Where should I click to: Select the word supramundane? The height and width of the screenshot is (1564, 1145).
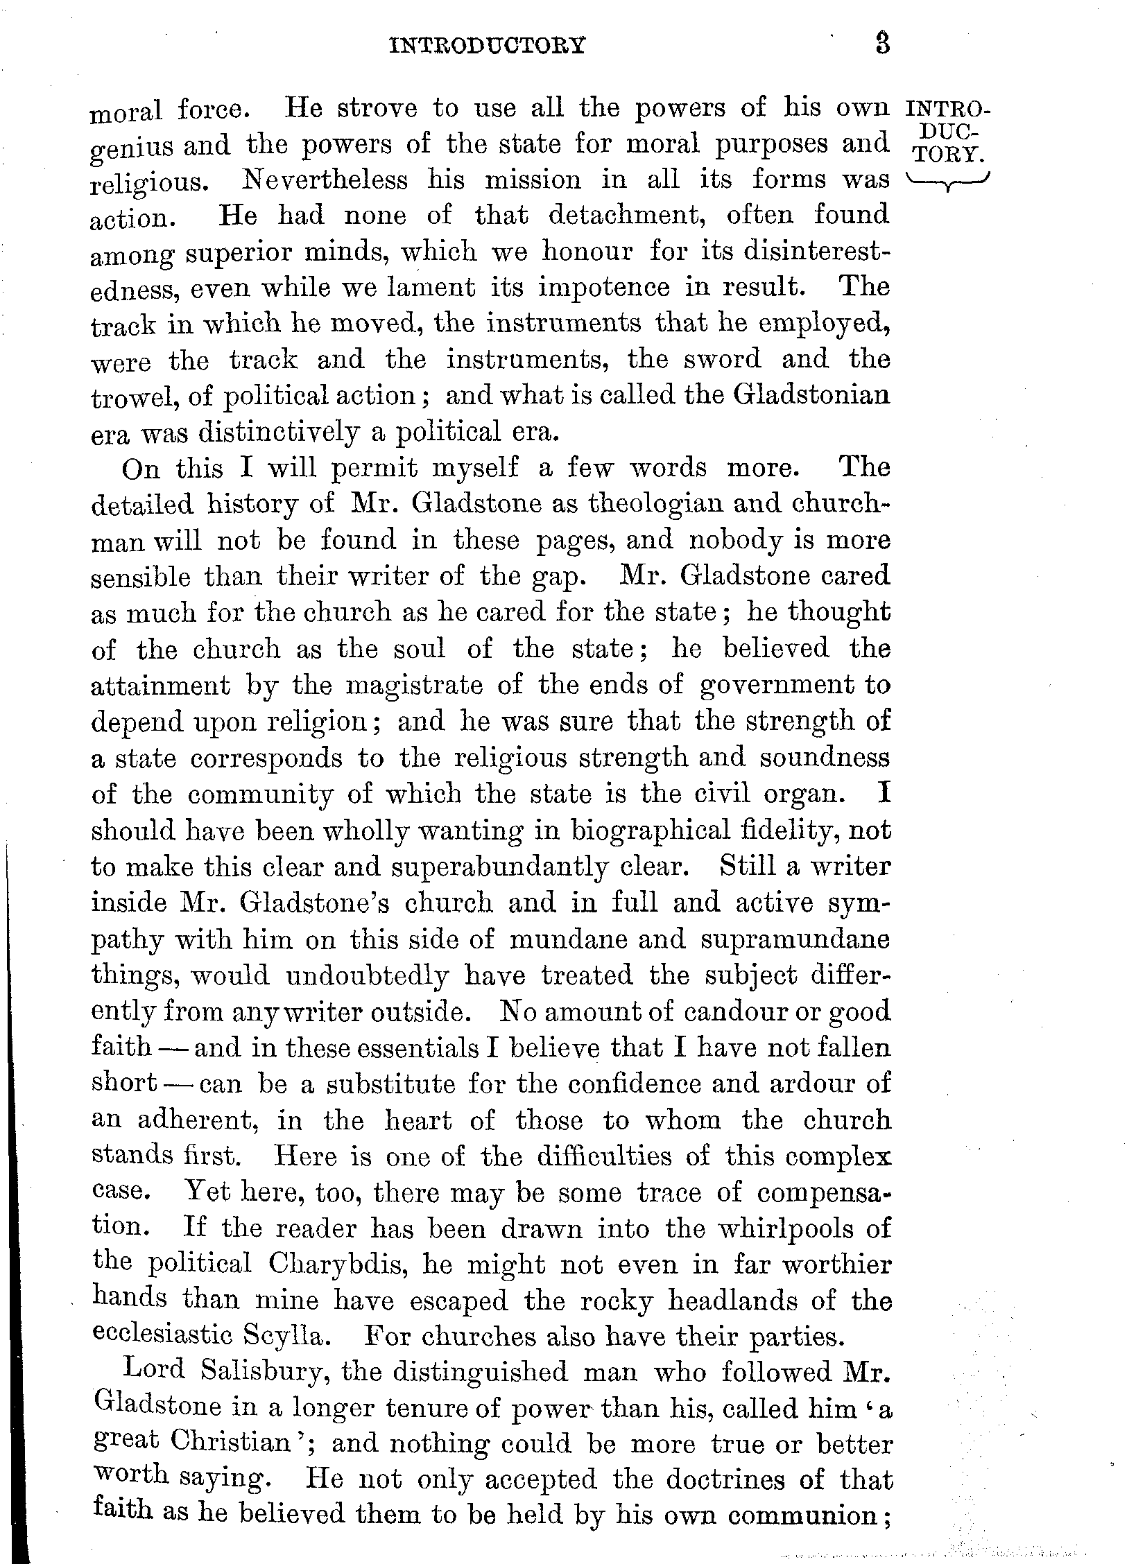point(796,939)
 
